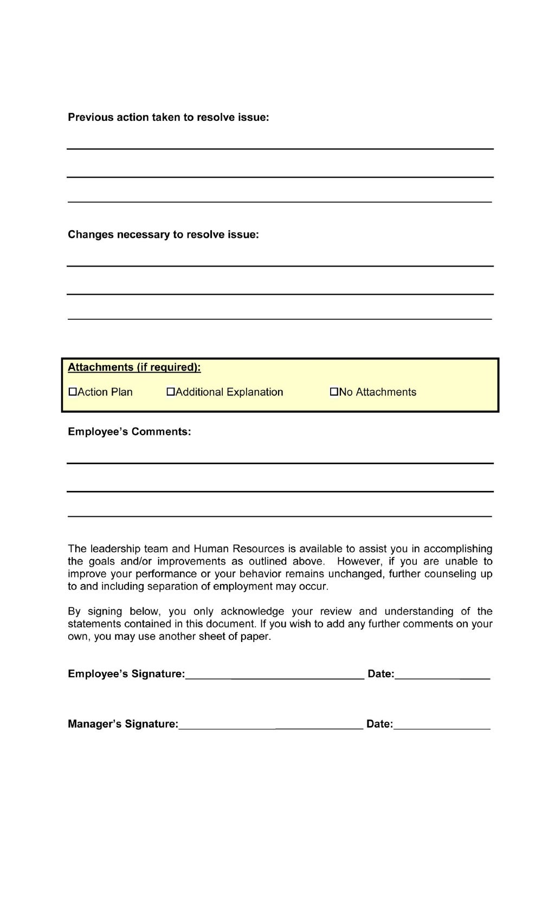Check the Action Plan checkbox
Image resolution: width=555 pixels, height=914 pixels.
(73, 392)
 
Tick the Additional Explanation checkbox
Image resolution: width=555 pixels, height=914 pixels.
(171, 392)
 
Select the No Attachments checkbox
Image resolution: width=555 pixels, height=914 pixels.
(334, 392)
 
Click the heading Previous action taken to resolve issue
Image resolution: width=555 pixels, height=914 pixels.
(168, 118)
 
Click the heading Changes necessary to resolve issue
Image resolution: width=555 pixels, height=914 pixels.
(163, 235)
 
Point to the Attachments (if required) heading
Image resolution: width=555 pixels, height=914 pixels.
(134, 367)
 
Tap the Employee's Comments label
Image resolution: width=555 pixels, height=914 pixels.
(129, 432)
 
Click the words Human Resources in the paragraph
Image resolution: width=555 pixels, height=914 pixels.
(238, 549)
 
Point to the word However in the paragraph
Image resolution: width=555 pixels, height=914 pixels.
(359, 561)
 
